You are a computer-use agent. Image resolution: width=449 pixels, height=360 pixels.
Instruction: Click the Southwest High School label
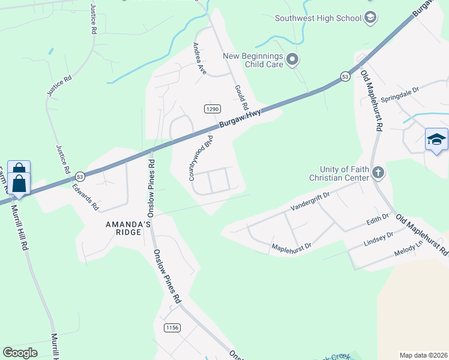318,17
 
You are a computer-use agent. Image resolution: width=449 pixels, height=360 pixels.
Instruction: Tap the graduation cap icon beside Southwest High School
370,17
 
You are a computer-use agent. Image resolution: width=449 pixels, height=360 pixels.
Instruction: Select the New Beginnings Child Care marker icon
292,59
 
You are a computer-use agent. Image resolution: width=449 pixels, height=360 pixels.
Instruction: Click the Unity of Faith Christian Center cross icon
378,173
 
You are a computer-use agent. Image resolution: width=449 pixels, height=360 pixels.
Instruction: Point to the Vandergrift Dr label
310,201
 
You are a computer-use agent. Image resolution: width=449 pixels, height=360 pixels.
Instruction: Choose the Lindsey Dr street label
378,239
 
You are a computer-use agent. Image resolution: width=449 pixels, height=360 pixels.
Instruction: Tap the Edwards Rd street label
86,196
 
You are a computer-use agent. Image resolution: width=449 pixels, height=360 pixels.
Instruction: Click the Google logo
20,353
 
